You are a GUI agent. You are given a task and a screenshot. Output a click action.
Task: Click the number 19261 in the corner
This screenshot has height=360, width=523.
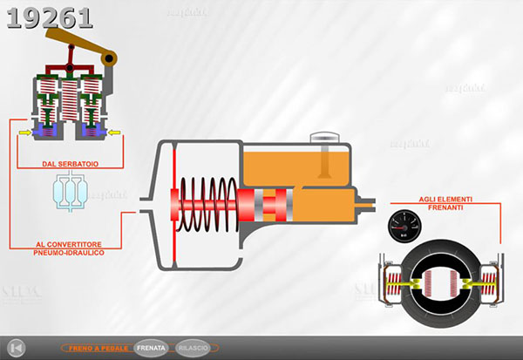(x=49, y=18)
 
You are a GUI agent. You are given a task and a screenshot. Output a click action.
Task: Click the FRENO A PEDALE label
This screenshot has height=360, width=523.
(x=97, y=347)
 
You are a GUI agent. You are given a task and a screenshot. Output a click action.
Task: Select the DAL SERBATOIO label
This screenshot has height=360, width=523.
(x=70, y=163)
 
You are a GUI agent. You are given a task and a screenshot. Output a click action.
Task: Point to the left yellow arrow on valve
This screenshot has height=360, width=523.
(x=24, y=133)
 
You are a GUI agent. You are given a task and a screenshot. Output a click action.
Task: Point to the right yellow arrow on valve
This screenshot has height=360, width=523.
(x=116, y=133)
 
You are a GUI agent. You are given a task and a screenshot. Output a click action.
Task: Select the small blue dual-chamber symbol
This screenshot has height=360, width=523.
(x=70, y=192)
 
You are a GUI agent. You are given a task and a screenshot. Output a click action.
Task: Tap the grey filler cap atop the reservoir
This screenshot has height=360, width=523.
(x=323, y=136)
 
